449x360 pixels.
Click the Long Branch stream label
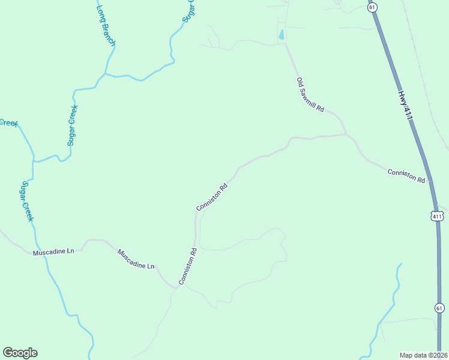point(106,26)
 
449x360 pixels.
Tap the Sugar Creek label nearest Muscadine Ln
point(26,201)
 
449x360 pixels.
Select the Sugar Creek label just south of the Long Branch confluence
point(73,125)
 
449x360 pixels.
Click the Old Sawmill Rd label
point(310,95)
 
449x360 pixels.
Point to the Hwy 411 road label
point(406,105)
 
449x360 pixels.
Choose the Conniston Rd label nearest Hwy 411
point(406,176)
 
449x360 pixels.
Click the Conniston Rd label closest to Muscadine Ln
point(187,266)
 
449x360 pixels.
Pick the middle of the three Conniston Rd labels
point(212,196)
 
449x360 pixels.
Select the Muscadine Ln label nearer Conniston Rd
point(136,259)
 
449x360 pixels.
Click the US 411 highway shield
point(436,215)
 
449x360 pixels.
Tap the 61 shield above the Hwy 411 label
point(373,7)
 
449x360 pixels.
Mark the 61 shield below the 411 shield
point(440,308)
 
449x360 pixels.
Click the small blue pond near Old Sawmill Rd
point(281,35)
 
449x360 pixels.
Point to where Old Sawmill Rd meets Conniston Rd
point(346,134)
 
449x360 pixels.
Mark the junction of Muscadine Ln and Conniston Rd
point(176,287)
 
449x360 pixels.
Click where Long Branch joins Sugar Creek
point(105,74)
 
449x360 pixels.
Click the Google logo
point(20,353)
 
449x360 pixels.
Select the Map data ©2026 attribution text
point(424,355)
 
